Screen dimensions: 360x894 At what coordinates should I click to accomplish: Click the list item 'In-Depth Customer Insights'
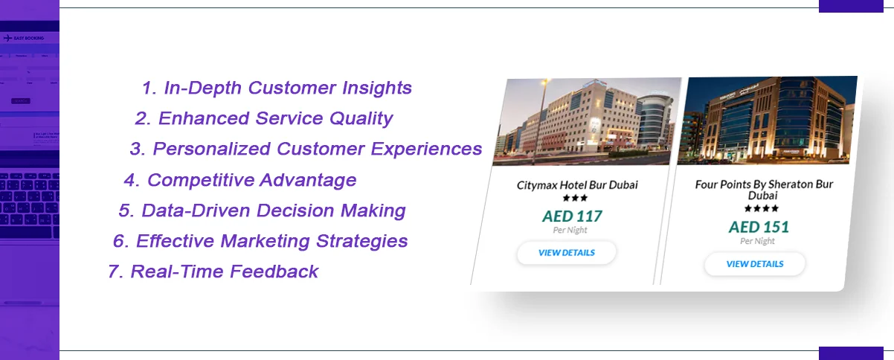[x=277, y=88]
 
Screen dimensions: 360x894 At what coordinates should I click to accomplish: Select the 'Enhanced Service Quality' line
[x=264, y=118]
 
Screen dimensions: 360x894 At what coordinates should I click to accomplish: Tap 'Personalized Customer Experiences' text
[x=306, y=149]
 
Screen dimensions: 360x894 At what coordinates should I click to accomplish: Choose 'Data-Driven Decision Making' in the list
[x=262, y=210]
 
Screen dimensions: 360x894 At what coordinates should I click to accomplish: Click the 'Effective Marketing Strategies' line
[x=260, y=241]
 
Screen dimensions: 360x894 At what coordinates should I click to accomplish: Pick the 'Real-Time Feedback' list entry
[x=213, y=271]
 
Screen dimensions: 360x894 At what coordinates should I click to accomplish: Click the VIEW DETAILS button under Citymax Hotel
[x=567, y=253]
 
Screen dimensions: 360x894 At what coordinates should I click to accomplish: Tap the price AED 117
[x=572, y=216]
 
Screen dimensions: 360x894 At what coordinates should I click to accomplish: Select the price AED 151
[x=759, y=227]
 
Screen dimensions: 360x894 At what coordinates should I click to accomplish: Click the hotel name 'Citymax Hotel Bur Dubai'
[x=577, y=184]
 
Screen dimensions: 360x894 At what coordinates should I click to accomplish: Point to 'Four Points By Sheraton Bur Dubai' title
[x=764, y=189]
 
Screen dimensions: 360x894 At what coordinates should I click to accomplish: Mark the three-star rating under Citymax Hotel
[x=574, y=199]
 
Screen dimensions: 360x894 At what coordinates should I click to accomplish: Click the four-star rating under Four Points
[x=761, y=209]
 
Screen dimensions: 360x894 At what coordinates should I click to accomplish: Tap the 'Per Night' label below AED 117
[x=570, y=231]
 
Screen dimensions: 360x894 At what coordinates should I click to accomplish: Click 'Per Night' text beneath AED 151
[x=757, y=241]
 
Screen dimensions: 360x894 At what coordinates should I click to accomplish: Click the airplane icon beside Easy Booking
[x=7, y=37]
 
